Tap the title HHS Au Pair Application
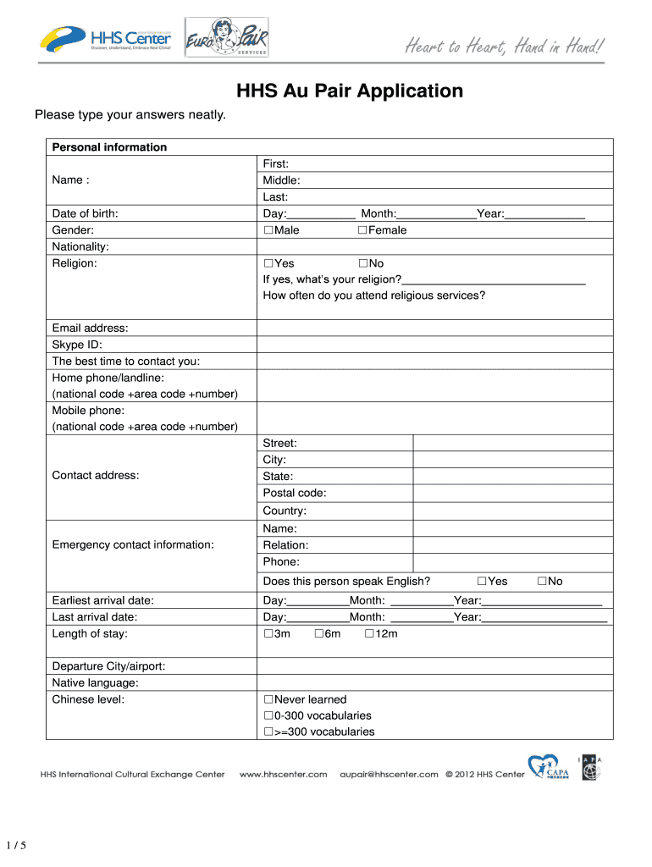tap(349, 91)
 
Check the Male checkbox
tap(268, 230)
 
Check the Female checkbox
tap(362, 230)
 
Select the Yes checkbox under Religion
tap(268, 263)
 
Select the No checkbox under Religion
tap(362, 263)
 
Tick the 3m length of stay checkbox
tap(268, 633)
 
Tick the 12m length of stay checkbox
tap(369, 633)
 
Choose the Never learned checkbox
tap(268, 699)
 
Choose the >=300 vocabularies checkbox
tap(268, 732)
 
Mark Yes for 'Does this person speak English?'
tap(482, 581)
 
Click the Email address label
tap(91, 329)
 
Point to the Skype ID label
tap(77, 345)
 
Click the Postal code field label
tap(295, 493)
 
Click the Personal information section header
tap(109, 147)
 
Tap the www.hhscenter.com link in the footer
tap(284, 774)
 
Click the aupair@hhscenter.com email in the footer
tap(389, 774)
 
